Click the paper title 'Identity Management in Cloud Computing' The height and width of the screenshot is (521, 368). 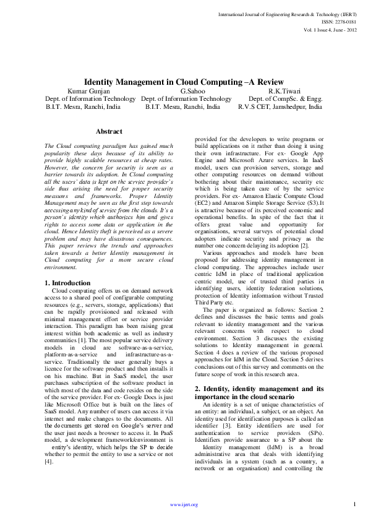click(183, 82)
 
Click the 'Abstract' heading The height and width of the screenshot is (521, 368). click(109, 131)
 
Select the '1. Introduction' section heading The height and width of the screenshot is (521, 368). click(67, 283)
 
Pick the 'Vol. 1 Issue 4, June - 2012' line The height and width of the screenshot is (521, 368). click(330, 30)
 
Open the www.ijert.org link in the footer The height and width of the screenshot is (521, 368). click(184, 505)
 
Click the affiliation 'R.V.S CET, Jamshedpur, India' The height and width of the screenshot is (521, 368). click(280, 106)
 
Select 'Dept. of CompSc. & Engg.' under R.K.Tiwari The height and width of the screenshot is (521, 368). click(285, 98)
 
